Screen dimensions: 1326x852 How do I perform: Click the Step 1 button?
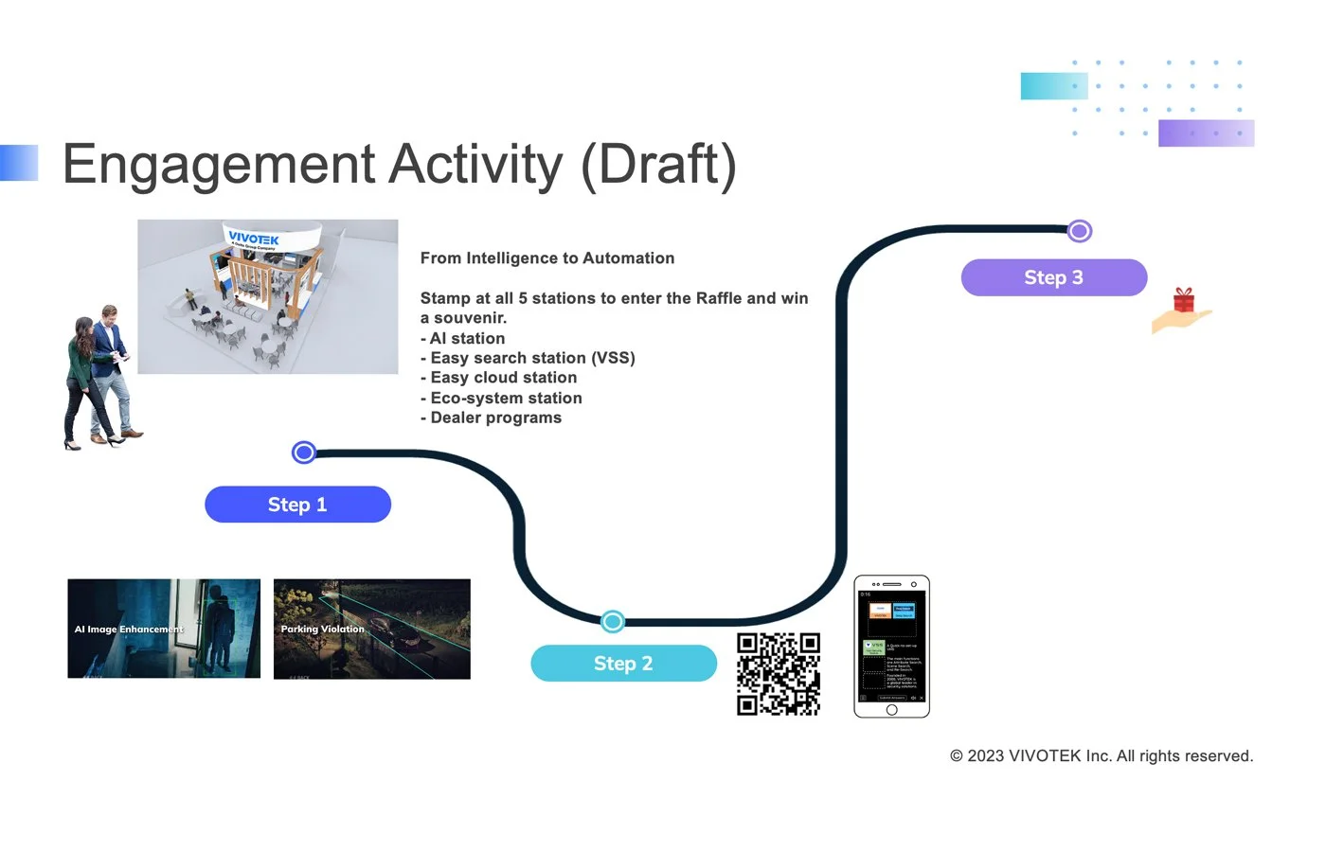click(297, 505)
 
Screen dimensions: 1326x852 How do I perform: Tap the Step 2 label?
click(623, 664)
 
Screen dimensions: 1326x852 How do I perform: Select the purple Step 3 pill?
click(1053, 277)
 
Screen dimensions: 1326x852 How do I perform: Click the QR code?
click(779, 674)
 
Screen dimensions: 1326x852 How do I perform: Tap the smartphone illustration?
click(891, 647)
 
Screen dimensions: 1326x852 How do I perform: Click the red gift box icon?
click(1184, 300)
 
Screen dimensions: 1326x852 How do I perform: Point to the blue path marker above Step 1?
click(304, 453)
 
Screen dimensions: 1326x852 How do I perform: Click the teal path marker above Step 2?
click(613, 621)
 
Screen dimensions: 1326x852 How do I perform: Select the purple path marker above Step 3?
click(1079, 230)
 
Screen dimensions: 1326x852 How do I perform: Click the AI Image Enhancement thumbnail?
click(164, 629)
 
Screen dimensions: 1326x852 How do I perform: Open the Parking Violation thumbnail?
click(371, 629)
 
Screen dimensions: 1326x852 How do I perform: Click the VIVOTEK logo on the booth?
click(254, 240)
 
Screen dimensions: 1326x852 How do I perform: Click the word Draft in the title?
click(658, 165)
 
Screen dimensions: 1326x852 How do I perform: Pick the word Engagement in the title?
click(219, 165)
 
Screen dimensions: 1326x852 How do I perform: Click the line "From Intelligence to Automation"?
click(547, 257)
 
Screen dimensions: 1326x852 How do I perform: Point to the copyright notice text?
click(1101, 755)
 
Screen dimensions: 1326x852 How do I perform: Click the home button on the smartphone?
click(891, 710)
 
